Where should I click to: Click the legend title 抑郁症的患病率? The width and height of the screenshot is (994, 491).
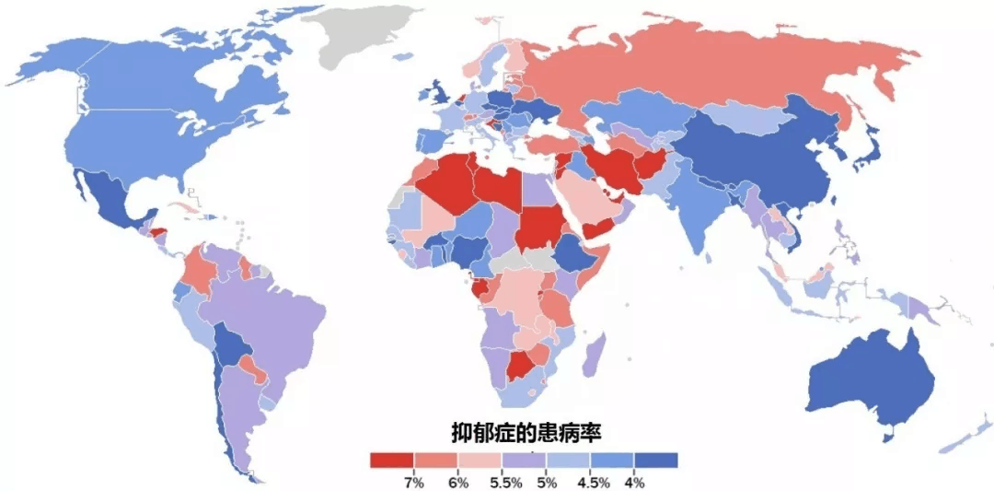point(525,431)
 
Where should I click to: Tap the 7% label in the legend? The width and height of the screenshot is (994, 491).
point(413,482)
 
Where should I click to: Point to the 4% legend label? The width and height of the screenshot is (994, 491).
point(634,482)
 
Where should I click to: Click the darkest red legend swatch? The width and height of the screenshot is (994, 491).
point(391,460)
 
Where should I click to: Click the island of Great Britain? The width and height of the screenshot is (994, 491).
point(435,92)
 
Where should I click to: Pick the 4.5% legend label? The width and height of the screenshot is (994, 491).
point(590,482)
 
